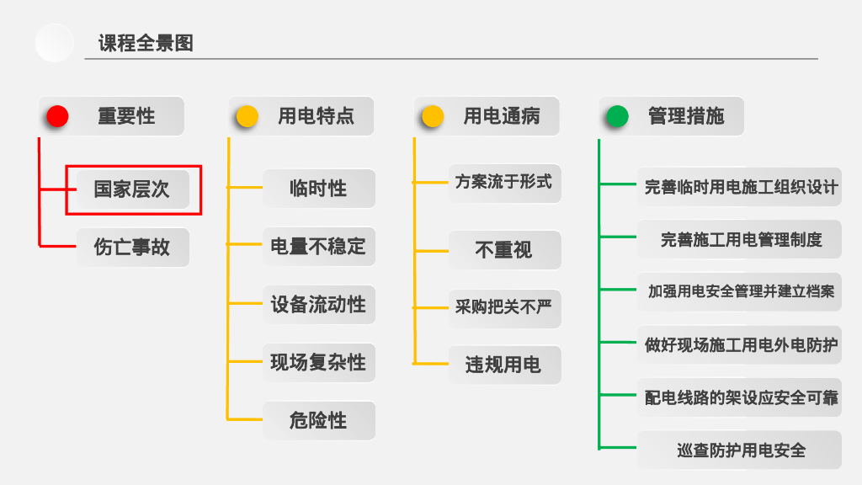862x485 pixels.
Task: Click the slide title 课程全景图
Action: tap(146, 43)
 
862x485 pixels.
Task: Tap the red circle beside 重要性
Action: tap(57, 116)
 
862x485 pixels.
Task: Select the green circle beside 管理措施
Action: tap(617, 116)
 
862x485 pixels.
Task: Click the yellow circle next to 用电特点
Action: tap(247, 116)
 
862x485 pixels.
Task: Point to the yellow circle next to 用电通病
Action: tap(433, 116)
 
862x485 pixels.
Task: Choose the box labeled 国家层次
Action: tap(132, 189)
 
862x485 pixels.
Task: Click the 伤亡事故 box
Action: tap(132, 248)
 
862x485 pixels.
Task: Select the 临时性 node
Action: tap(318, 189)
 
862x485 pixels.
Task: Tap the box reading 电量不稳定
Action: tap(318, 247)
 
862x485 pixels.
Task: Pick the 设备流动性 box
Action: tap(318, 304)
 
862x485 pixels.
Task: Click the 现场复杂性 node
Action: tap(318, 362)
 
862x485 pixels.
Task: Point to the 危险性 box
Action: tap(318, 420)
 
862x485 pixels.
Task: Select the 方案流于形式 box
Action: tap(503, 182)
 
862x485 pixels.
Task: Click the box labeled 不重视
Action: tap(503, 250)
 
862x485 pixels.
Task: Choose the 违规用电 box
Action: tap(503, 365)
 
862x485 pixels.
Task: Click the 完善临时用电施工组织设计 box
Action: tap(740, 187)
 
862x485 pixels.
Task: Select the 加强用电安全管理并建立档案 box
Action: tap(740, 292)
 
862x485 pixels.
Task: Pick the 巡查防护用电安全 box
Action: tap(740, 450)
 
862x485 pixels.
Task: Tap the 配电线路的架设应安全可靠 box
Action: tap(740, 397)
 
